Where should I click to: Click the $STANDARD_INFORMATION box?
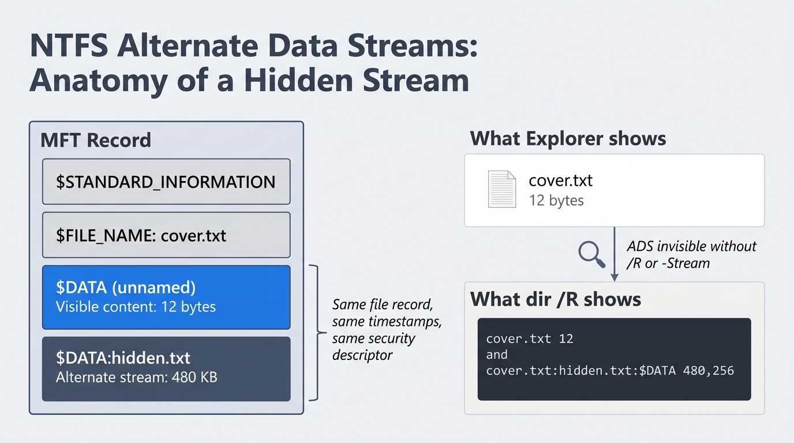(x=166, y=182)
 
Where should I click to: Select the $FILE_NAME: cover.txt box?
(x=166, y=235)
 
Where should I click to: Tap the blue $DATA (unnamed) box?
(x=166, y=297)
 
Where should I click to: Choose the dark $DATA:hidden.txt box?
(x=166, y=369)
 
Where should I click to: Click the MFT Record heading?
(x=96, y=140)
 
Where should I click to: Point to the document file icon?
(x=501, y=189)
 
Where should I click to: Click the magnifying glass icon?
(x=591, y=254)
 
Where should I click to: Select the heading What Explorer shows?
(x=568, y=138)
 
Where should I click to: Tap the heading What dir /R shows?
(x=556, y=299)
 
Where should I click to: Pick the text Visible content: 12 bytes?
(x=136, y=307)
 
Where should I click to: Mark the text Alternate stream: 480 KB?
(x=136, y=378)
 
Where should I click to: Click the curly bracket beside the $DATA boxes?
(x=314, y=332)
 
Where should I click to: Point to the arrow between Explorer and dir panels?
(x=615, y=254)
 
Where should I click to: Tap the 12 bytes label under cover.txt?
(x=556, y=200)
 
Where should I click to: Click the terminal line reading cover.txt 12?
(x=530, y=339)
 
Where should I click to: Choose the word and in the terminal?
(x=497, y=354)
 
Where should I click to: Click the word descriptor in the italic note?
(x=362, y=355)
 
